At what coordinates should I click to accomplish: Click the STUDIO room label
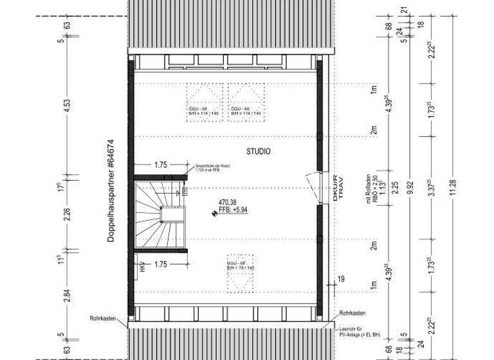(x=258, y=152)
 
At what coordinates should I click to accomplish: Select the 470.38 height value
(x=228, y=201)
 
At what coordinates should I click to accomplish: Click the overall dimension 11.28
(x=454, y=187)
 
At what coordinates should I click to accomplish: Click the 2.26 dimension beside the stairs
(x=68, y=215)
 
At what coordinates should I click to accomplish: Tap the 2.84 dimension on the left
(x=68, y=295)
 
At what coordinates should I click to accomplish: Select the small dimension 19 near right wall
(x=340, y=278)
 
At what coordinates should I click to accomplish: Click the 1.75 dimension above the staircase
(x=161, y=165)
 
